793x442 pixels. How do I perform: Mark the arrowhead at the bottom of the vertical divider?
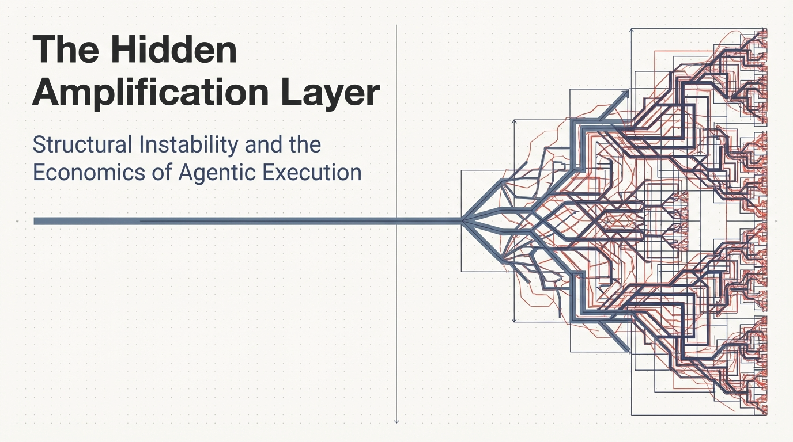pyautogui.click(x=396, y=421)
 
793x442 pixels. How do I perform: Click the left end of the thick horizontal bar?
pyautogui.click(x=36, y=221)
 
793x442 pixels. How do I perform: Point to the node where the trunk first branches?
pyautogui.click(x=462, y=220)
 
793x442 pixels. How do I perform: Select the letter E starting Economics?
pyautogui.click(x=39, y=172)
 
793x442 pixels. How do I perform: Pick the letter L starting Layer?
pyautogui.click(x=290, y=92)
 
